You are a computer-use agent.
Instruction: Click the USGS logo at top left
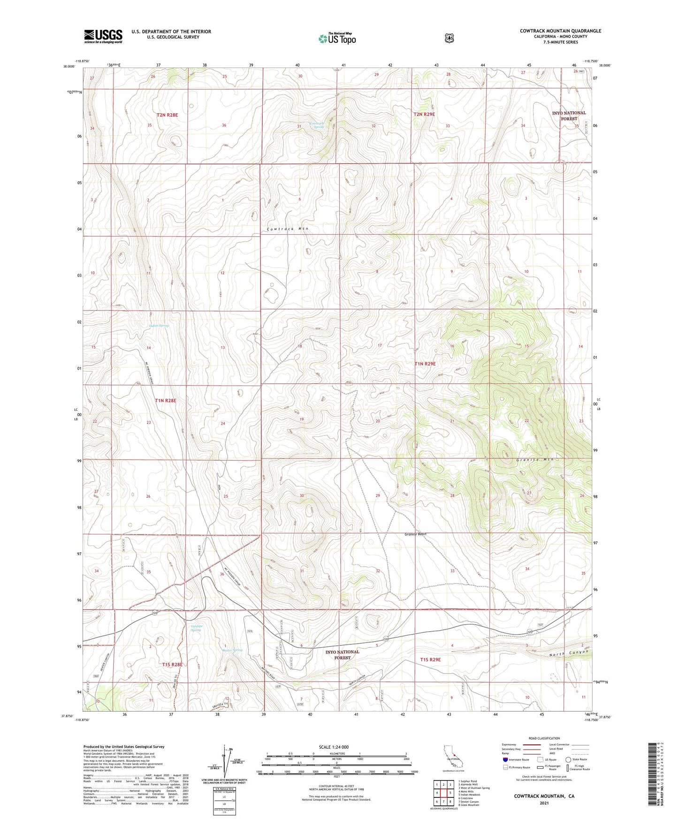click(x=103, y=36)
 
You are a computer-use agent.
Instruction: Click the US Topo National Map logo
click(x=337, y=38)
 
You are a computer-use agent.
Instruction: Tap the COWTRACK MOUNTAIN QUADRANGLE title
click(x=560, y=31)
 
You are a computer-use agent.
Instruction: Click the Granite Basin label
click(x=415, y=534)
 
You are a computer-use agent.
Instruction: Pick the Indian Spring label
click(x=159, y=325)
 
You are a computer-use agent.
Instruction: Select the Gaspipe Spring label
click(x=196, y=628)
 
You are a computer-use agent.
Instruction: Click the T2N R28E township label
click(x=167, y=115)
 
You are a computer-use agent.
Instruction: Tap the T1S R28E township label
click(x=172, y=665)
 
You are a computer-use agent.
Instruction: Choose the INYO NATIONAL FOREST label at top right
click(x=569, y=116)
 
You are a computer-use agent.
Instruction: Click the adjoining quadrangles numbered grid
click(x=443, y=794)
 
